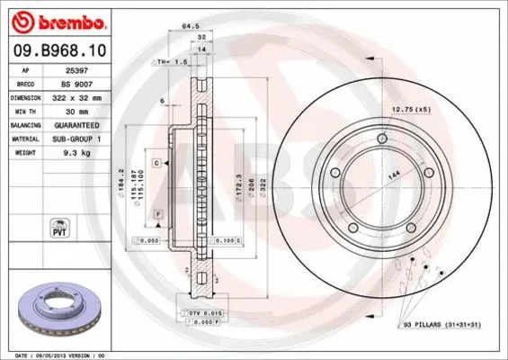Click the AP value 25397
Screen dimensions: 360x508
pos(76,68)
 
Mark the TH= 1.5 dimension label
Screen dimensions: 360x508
pos(170,63)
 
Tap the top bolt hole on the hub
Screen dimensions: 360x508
pos(384,138)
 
